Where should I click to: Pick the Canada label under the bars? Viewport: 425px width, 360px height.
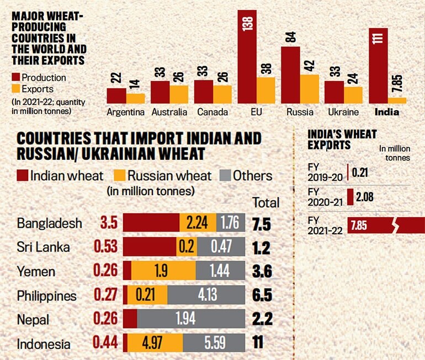coord(212,112)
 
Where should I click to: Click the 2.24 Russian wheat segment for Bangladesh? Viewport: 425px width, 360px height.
coord(198,223)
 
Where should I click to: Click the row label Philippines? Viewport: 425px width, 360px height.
coord(46,296)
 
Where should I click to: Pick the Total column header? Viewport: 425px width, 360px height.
coord(265,202)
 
